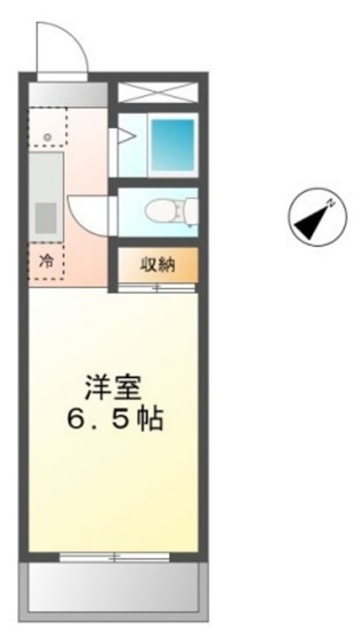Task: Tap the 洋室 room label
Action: tap(113, 387)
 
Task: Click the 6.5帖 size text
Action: tap(113, 418)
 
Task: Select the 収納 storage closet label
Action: tap(158, 264)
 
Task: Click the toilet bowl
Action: tap(163, 209)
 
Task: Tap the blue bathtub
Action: tap(172, 141)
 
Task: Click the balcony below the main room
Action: tap(113, 587)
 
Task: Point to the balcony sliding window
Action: tap(113, 556)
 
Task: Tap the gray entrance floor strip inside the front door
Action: tap(67, 93)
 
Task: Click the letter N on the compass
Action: tap(330, 203)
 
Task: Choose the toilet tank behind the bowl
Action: tap(189, 209)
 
